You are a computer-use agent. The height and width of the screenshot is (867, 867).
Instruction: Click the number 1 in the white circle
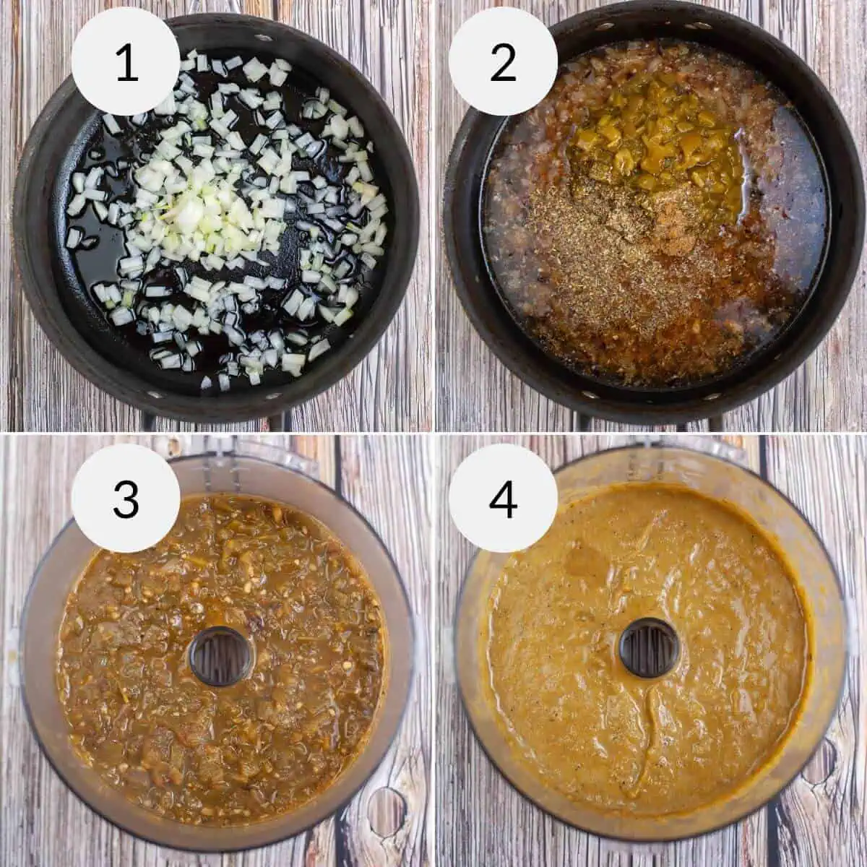(126, 62)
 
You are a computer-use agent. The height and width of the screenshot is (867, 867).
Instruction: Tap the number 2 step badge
(503, 62)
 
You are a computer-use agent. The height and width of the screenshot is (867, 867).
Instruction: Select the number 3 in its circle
(126, 498)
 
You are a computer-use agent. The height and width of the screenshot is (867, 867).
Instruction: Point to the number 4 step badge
(503, 498)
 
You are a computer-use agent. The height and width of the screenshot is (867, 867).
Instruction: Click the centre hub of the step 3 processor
(221, 656)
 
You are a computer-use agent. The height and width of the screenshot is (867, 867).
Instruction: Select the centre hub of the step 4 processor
(649, 648)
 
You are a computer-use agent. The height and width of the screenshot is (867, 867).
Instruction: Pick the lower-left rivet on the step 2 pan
(586, 395)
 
